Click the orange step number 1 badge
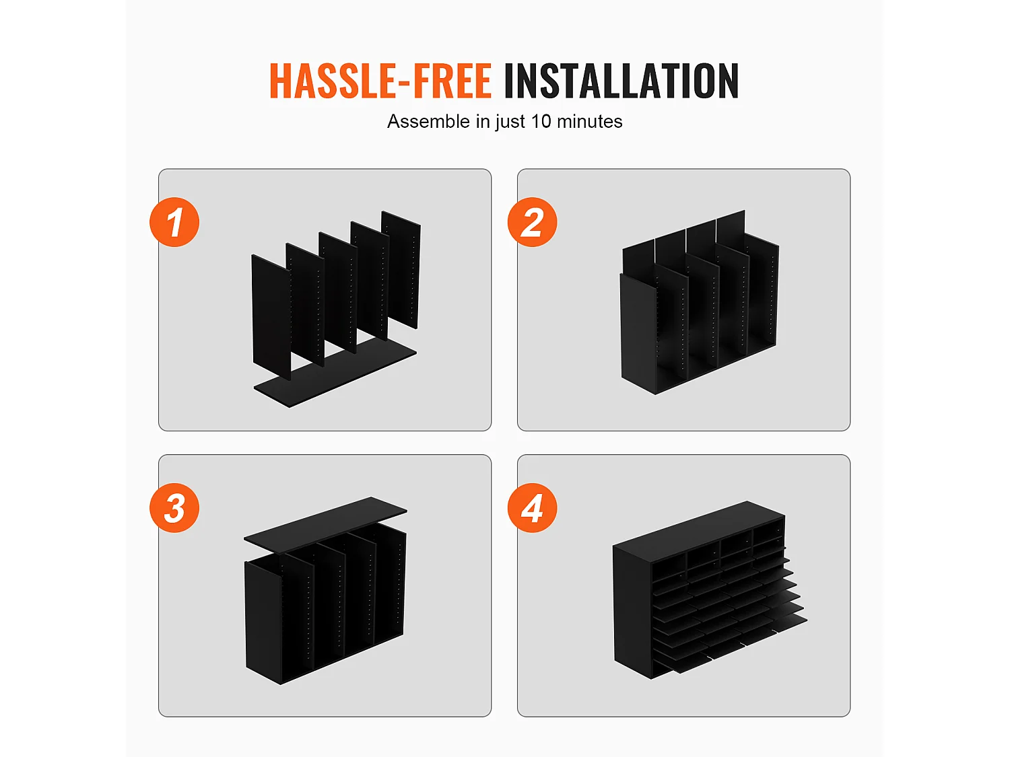pyautogui.click(x=174, y=222)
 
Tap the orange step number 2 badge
pyautogui.click(x=533, y=222)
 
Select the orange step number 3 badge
pyautogui.click(x=174, y=508)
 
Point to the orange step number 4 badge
pyautogui.click(x=533, y=508)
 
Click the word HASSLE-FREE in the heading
pyautogui.click(x=380, y=81)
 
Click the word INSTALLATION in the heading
pyautogui.click(x=621, y=81)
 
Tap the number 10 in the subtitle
pyautogui.click(x=541, y=121)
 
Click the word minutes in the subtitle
pyautogui.click(x=589, y=121)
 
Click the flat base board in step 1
pyautogui.click(x=335, y=373)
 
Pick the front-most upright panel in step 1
pyautogui.click(x=271, y=317)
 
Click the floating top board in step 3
pyautogui.click(x=325, y=524)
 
